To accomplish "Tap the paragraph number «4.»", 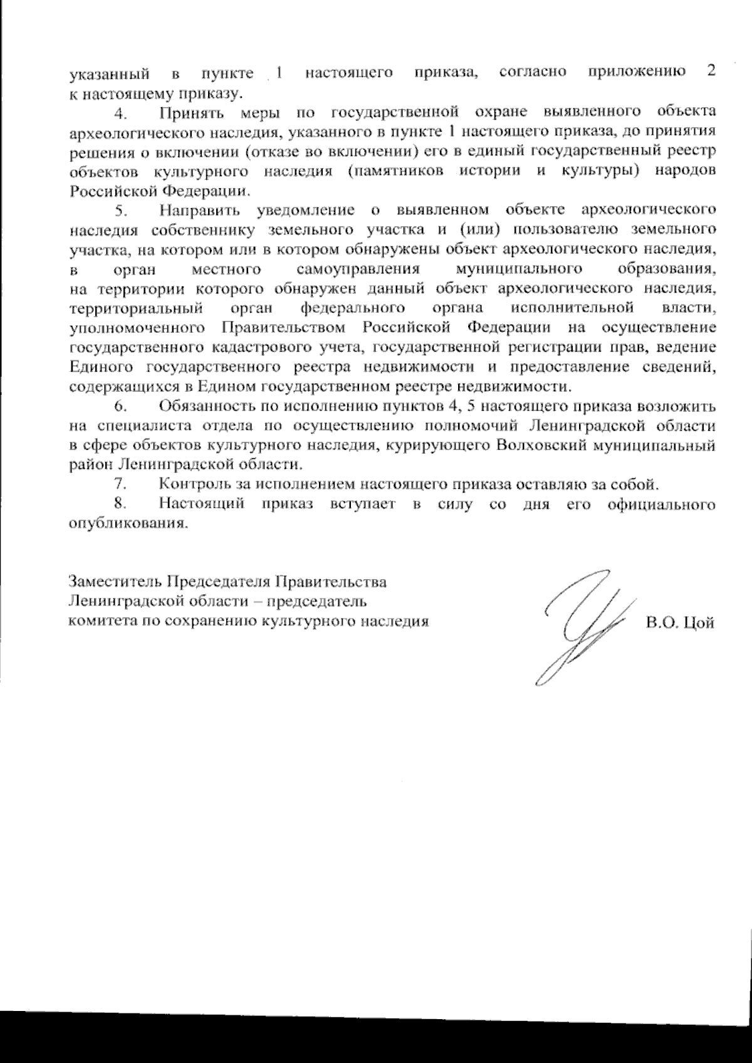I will coord(122,113).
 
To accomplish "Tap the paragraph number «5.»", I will coord(122,211).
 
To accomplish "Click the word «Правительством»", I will coord(283,327).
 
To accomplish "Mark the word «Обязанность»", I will coord(207,406).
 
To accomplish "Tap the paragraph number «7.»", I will coord(122,484).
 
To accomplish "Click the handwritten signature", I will coord(580,627).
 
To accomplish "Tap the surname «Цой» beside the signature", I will coord(699,624).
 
